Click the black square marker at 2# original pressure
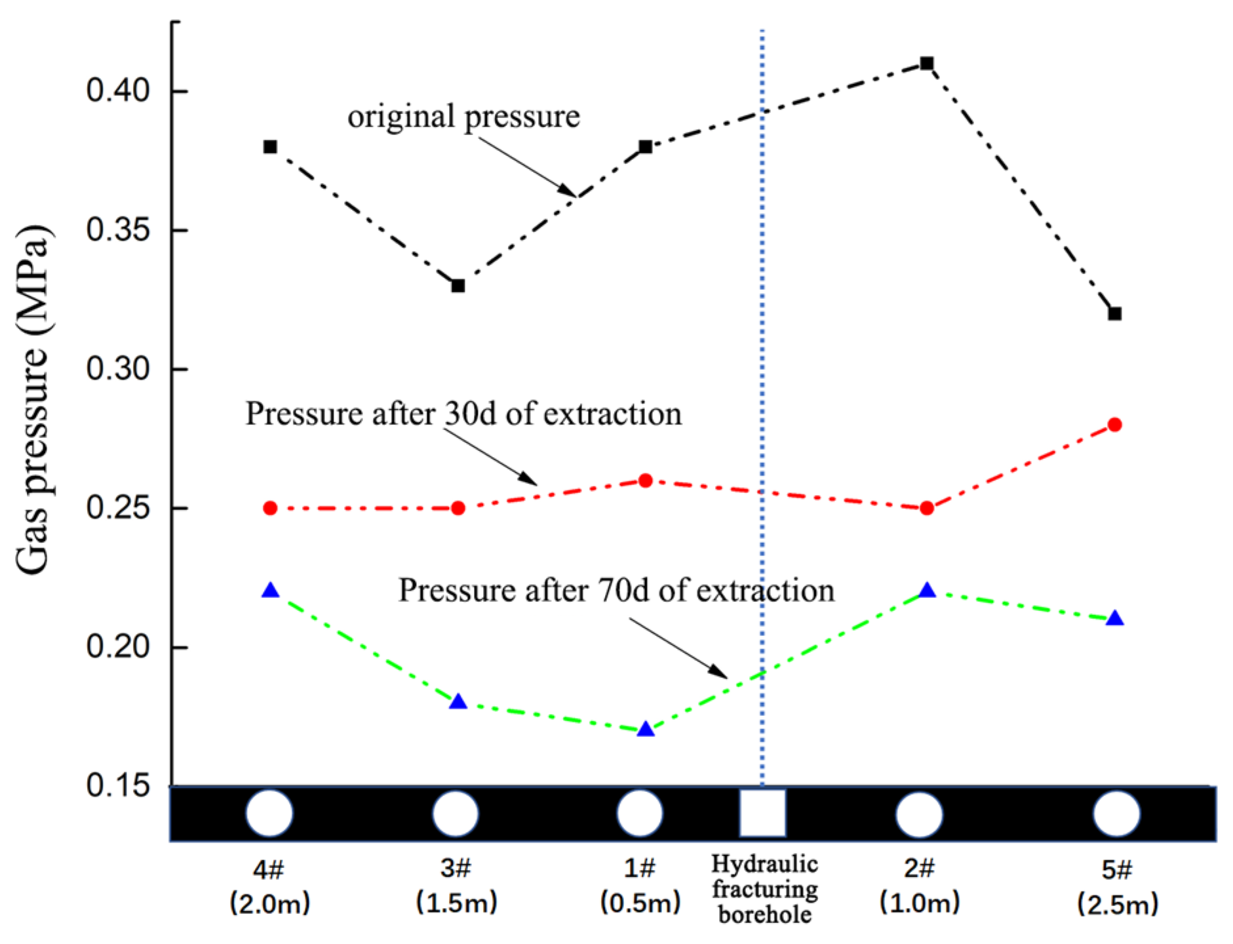click(x=926, y=64)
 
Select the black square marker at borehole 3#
click(x=458, y=286)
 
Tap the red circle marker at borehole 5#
click(x=1114, y=425)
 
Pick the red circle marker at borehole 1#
click(x=646, y=481)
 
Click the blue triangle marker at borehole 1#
click(x=646, y=730)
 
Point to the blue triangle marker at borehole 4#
click(x=270, y=591)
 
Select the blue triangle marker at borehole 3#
click(x=458, y=702)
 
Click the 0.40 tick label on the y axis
click(x=118, y=90)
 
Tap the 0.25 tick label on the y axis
click(x=118, y=507)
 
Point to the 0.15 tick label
click(x=118, y=785)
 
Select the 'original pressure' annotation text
click(x=463, y=117)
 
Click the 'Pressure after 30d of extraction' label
click(x=463, y=414)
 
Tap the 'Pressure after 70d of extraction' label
click(x=616, y=590)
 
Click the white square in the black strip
click(x=762, y=813)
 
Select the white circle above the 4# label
click(x=269, y=813)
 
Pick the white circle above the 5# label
click(x=1116, y=814)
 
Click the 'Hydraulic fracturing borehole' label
click(x=764, y=889)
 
